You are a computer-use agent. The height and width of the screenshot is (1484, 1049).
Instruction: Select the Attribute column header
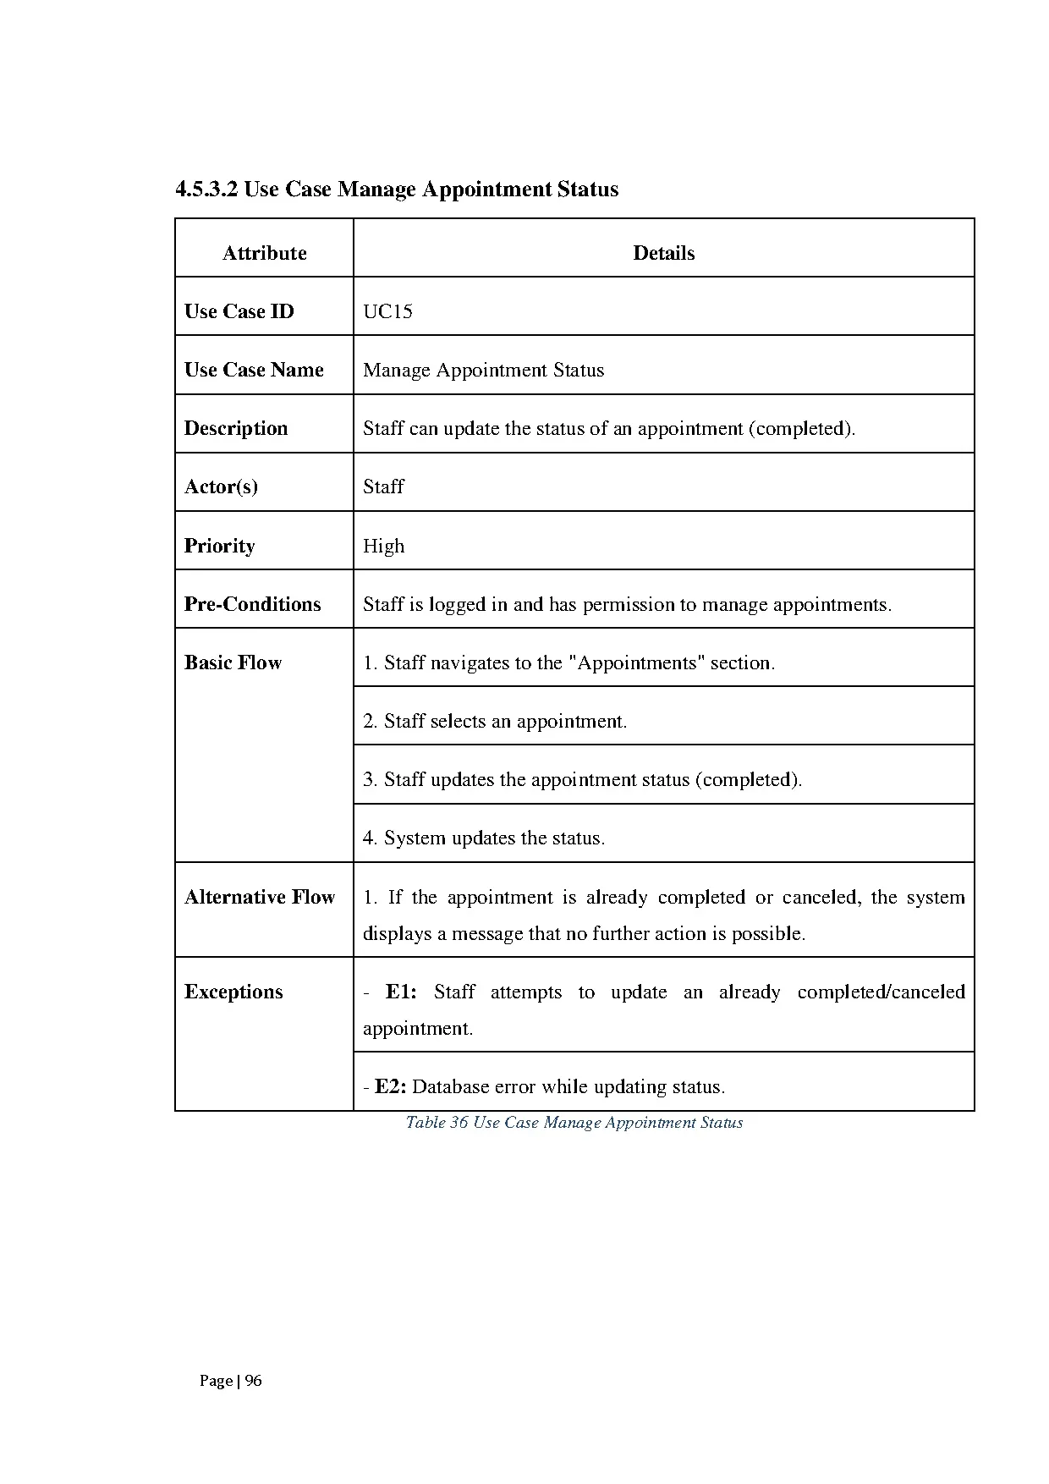[264, 253]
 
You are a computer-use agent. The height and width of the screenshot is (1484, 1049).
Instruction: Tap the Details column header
[663, 253]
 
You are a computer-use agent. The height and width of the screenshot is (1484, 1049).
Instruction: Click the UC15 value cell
[387, 311]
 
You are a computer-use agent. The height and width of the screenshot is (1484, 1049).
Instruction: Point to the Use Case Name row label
[254, 370]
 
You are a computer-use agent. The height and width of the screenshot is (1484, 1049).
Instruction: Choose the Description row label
[236, 428]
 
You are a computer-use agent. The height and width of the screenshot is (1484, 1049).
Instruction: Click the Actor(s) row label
[221, 486]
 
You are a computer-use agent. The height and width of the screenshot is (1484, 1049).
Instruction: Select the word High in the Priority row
[383, 546]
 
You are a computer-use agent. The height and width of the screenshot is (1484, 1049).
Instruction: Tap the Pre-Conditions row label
[252, 604]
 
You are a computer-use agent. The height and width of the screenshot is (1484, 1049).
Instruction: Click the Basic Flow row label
[233, 662]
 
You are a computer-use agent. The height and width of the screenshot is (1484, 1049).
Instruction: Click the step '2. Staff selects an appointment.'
[495, 722]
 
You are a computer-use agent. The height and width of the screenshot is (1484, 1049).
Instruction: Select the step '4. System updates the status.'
[484, 838]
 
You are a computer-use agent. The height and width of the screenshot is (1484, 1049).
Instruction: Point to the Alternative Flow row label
[260, 897]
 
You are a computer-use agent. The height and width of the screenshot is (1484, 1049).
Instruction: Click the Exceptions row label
[233, 992]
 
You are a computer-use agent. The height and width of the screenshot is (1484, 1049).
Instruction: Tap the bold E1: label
[401, 992]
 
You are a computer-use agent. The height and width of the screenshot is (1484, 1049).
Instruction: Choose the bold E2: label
[391, 1087]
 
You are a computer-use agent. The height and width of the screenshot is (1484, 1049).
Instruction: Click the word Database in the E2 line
[450, 1087]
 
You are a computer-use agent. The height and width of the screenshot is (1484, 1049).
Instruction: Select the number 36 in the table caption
[459, 1123]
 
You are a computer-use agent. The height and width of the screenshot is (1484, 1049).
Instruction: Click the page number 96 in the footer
[253, 1381]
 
